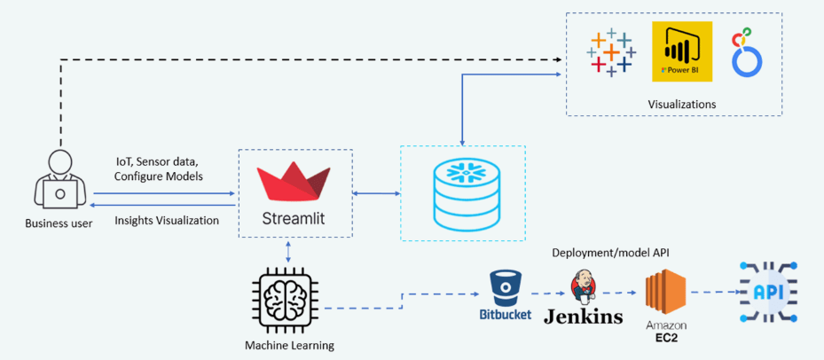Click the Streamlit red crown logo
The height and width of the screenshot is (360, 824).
coord(294,184)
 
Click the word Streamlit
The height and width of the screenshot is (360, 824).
coord(294,218)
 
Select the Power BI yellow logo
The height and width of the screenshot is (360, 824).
coord(682,51)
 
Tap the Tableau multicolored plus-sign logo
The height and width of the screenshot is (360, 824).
coord(611,52)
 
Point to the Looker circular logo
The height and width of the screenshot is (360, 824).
coord(747,54)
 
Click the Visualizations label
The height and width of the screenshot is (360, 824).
coord(682,104)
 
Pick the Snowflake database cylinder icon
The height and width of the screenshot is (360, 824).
coord(462,193)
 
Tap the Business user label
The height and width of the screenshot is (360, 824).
coord(59,223)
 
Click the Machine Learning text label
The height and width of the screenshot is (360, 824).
coord(289,346)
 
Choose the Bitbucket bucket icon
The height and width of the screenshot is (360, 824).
coord(505,286)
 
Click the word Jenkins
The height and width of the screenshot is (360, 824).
coord(584,316)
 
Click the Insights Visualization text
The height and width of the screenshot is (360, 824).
coord(167,221)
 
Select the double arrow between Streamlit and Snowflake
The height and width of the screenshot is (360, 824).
coord(377,194)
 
